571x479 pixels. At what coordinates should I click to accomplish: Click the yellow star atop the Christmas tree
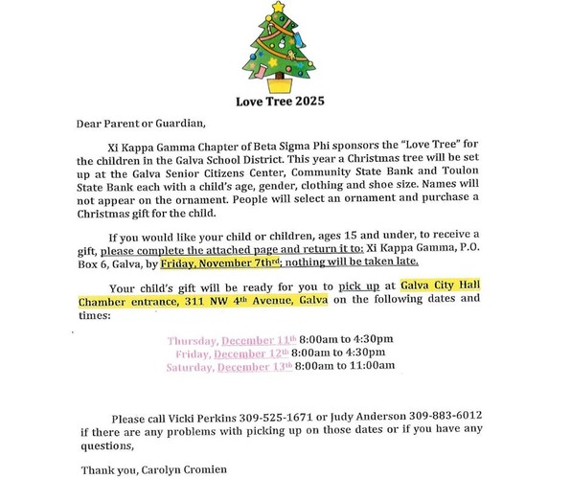point(278,8)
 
